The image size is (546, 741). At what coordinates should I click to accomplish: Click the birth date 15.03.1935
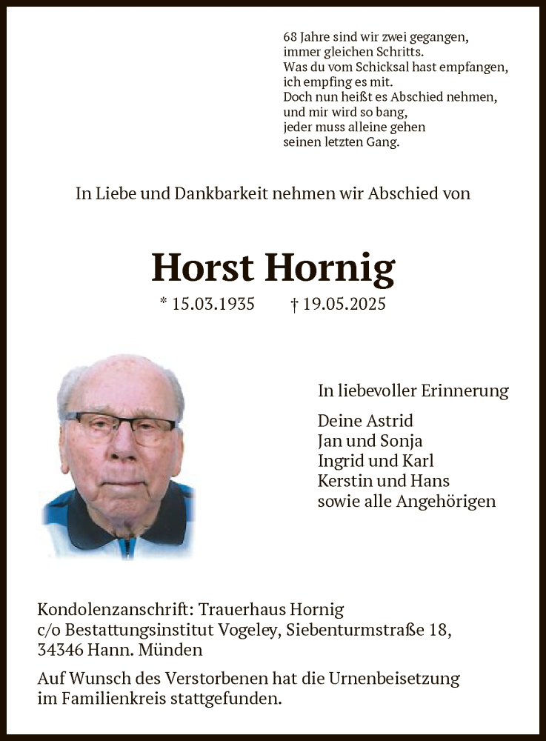(213, 304)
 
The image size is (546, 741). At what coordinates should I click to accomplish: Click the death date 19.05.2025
(344, 304)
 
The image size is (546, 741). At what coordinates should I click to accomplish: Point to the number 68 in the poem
(290, 36)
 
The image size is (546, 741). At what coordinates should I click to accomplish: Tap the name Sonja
(400, 441)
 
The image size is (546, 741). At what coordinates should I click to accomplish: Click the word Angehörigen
(446, 501)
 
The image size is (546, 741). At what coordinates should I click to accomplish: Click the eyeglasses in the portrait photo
(121, 427)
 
